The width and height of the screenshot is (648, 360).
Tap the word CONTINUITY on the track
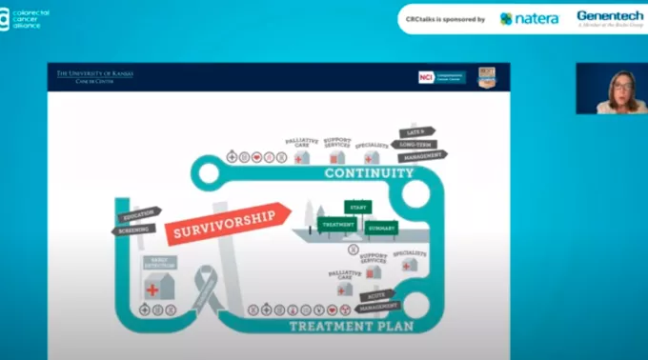click(x=369, y=173)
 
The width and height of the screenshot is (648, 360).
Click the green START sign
click(x=358, y=207)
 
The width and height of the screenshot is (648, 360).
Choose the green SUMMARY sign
click(x=382, y=228)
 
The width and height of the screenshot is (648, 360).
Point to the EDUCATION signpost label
click(x=139, y=214)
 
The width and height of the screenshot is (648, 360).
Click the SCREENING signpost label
click(x=133, y=229)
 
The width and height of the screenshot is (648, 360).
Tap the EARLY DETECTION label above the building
click(x=159, y=262)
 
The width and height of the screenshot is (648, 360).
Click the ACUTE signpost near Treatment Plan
click(x=379, y=296)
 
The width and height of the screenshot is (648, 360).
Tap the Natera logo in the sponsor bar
click(x=529, y=18)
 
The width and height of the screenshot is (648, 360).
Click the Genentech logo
click(x=609, y=18)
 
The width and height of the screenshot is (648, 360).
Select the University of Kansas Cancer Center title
click(x=93, y=76)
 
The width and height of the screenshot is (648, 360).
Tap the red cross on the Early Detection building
click(x=152, y=289)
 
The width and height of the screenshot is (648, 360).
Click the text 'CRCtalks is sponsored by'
click(x=444, y=18)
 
